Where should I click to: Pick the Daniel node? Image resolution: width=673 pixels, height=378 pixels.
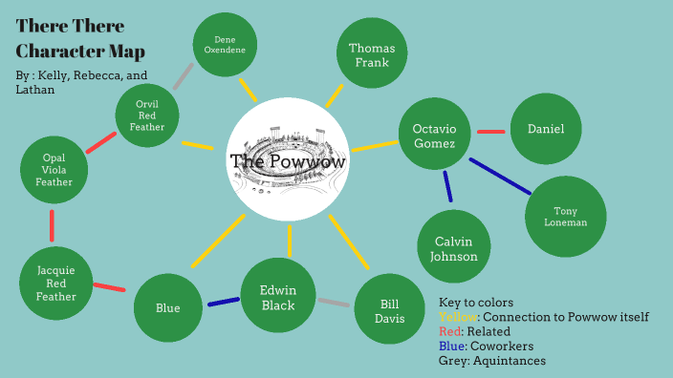pyautogui.click(x=546, y=129)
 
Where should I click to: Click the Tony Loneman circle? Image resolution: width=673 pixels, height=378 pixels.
pyautogui.click(x=565, y=217)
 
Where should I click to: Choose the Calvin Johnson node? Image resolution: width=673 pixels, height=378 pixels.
pyautogui.click(x=454, y=248)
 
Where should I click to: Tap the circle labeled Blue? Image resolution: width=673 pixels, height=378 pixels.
pyautogui.click(x=168, y=308)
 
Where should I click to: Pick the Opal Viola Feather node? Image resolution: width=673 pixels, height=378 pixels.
pyautogui.click(x=54, y=169)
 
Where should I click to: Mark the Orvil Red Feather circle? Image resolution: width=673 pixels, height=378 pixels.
pyautogui.click(x=148, y=115)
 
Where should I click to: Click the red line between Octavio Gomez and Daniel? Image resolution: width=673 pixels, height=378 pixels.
pyautogui.click(x=490, y=132)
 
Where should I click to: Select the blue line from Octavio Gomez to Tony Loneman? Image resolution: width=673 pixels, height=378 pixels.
pyautogui.click(x=500, y=177)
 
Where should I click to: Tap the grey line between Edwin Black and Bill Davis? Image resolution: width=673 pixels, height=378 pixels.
pyautogui.click(x=334, y=304)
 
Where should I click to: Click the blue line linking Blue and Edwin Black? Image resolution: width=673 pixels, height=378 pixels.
pyautogui.click(x=223, y=303)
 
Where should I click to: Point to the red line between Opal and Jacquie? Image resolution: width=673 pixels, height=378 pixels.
pyautogui.click(x=52, y=226)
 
